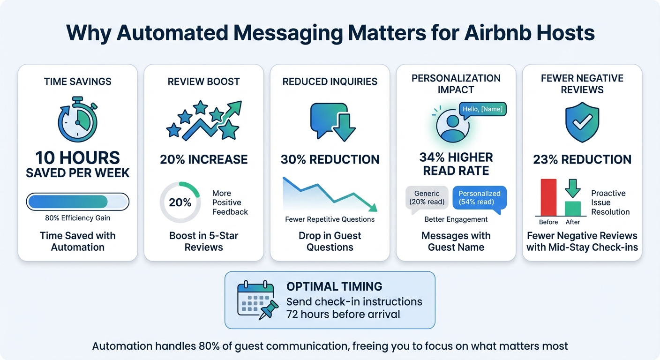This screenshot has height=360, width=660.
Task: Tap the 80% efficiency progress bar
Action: [x=77, y=202]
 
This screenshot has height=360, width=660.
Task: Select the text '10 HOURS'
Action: [x=77, y=158]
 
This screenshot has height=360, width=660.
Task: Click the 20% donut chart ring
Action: [x=180, y=202]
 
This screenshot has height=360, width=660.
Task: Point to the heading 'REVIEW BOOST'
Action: [x=203, y=82]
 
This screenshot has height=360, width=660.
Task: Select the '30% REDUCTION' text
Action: [x=330, y=159]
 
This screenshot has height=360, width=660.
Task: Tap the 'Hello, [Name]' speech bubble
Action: [x=482, y=109]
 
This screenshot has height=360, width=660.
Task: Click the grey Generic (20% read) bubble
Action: [x=427, y=198]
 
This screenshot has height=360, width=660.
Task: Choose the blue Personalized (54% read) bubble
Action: [x=479, y=198]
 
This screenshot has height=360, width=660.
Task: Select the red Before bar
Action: [x=548, y=197]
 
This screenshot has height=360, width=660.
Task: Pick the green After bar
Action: [x=572, y=208]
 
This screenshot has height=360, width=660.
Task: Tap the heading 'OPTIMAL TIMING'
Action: [x=334, y=286]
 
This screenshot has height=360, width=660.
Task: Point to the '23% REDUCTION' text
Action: [x=582, y=159]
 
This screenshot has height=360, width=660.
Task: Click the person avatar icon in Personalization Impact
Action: [x=453, y=125]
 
